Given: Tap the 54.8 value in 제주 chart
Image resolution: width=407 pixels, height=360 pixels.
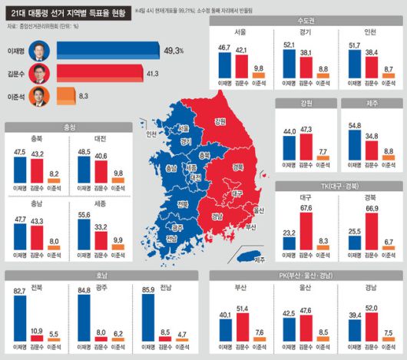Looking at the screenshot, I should coord(353,123).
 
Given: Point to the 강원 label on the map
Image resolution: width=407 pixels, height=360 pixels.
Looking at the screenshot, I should coord(220,121).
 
